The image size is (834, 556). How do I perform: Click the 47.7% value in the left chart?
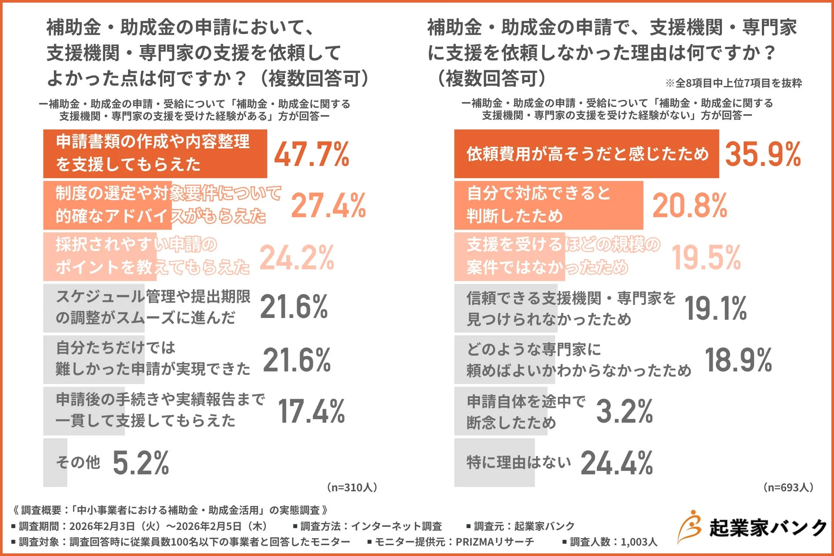[311, 155]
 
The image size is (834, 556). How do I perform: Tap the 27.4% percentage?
[328, 205]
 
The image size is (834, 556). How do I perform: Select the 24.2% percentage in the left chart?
[297, 258]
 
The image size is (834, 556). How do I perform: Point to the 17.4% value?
[311, 411]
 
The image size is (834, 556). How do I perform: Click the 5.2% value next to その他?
[141, 463]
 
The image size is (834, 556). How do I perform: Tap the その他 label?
[78, 462]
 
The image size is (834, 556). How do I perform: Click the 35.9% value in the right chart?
[763, 155]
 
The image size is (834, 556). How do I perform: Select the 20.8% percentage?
[690, 205]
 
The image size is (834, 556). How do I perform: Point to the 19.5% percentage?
[706, 258]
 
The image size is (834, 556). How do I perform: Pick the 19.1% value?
[715, 308]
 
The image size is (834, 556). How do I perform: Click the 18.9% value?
[738, 360]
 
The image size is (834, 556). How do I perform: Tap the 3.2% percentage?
[624, 411]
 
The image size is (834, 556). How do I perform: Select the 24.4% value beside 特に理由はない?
[616, 463]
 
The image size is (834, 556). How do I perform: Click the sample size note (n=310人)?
[352, 487]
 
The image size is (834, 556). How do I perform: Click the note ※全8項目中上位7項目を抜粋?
[734, 83]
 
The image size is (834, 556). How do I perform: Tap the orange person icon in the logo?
[690, 526]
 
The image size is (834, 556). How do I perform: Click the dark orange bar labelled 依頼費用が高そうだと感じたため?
[586, 154]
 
